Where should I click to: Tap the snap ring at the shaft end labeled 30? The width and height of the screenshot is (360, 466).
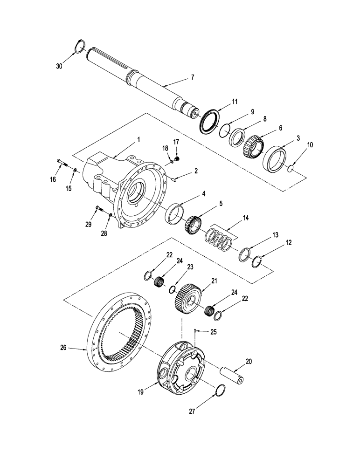[80, 46]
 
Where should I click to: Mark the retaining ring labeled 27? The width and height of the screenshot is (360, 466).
[222, 391]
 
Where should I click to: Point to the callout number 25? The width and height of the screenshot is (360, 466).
[214, 331]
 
